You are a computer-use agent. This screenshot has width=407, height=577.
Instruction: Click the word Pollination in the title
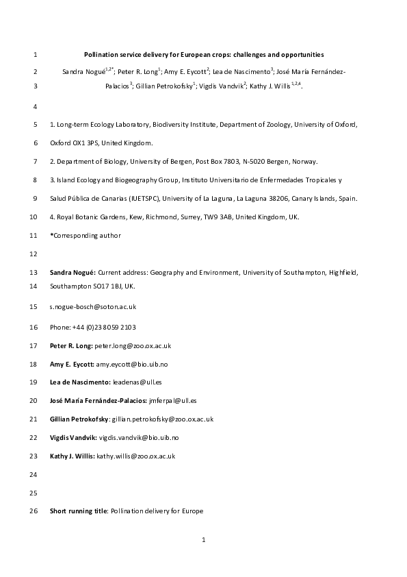coord(101,54)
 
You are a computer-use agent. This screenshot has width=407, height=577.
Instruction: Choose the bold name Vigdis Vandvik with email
coord(73,437)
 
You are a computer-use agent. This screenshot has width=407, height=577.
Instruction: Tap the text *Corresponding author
coord(86,236)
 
